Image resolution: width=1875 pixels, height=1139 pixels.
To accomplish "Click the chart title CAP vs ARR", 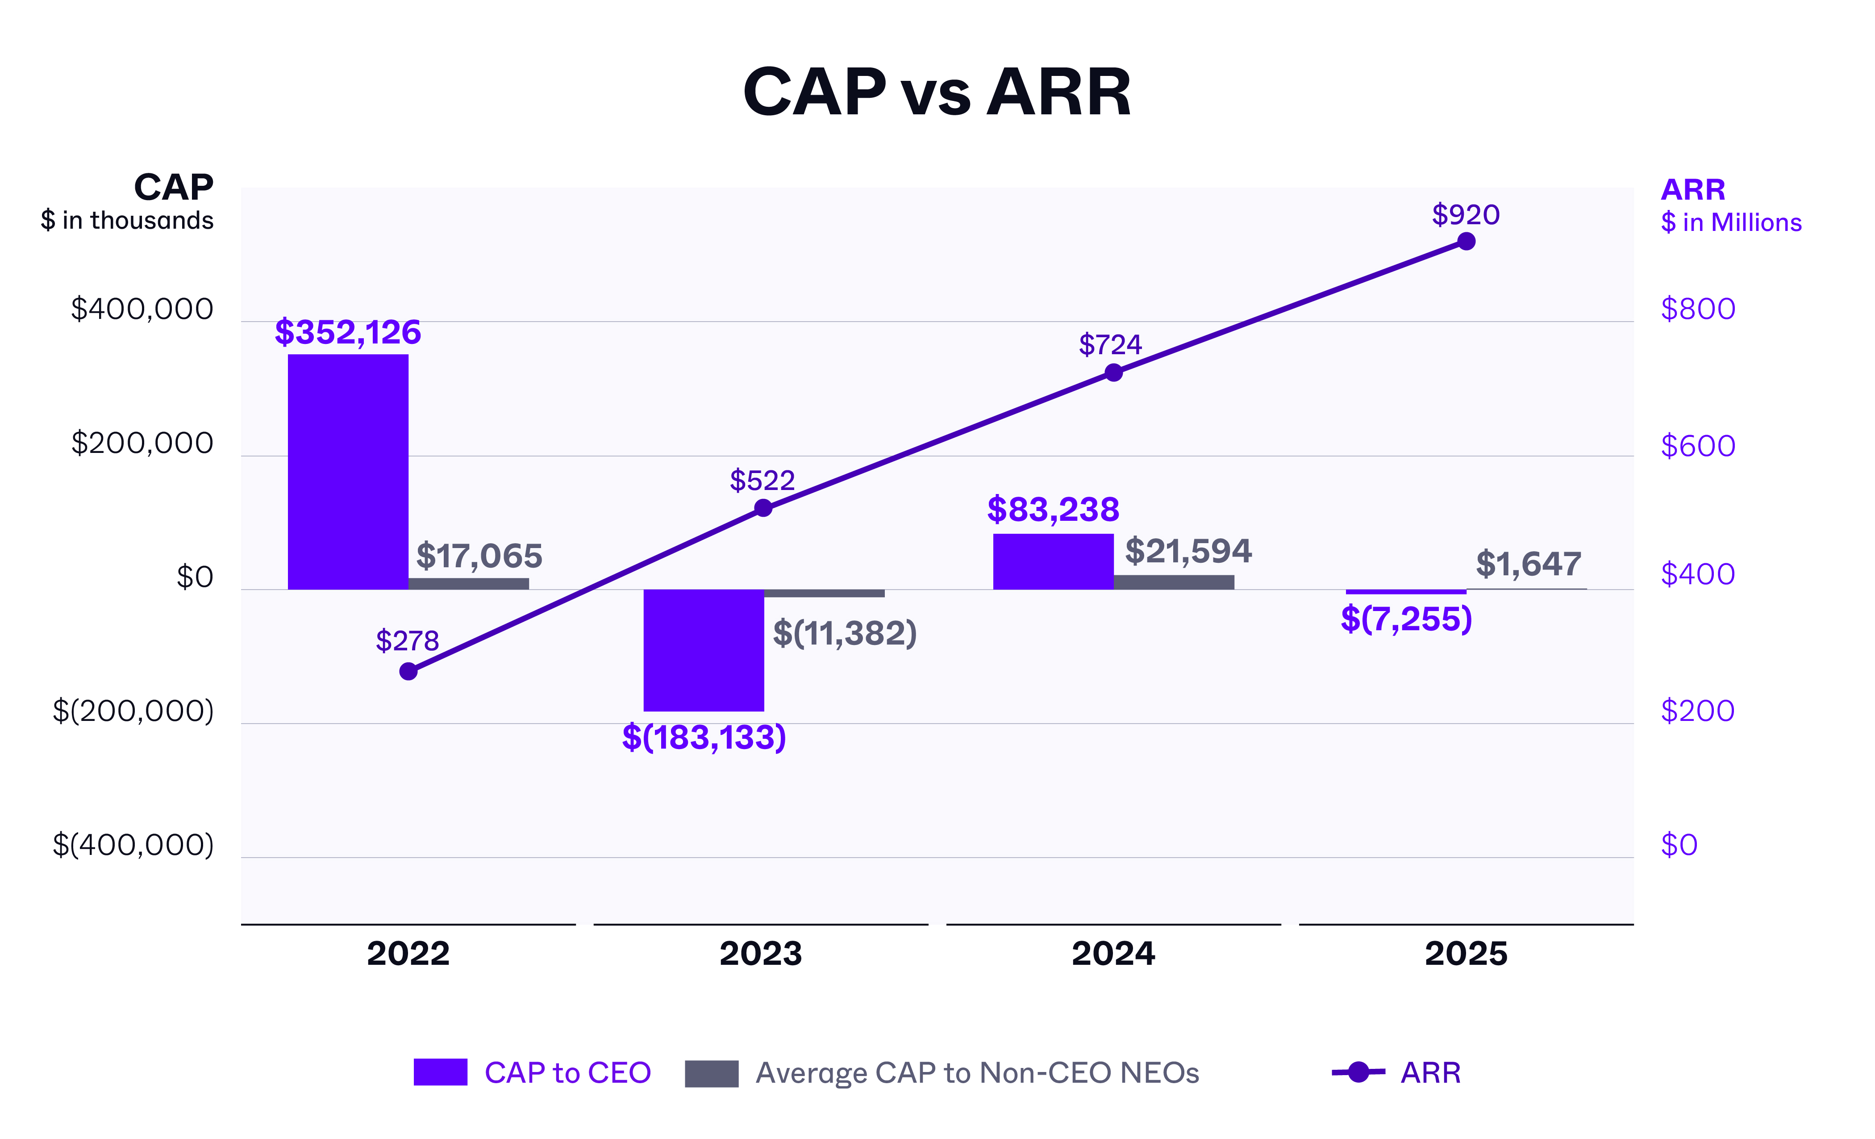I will pyautogui.click(x=937, y=92).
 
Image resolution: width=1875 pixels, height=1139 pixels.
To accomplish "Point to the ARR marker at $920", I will pyautogui.click(x=1466, y=241).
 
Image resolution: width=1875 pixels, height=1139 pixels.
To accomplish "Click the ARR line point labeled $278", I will pyautogui.click(x=408, y=671).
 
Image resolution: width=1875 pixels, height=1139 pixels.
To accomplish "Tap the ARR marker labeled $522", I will pyautogui.click(x=762, y=508).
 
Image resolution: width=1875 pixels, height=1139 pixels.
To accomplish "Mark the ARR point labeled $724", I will pyautogui.click(x=1113, y=373).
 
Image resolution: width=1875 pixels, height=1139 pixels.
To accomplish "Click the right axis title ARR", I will pyautogui.click(x=1692, y=189).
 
